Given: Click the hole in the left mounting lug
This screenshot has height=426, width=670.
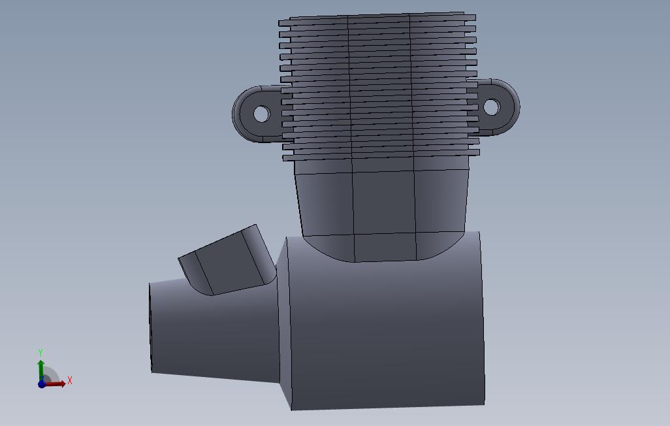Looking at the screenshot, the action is pyautogui.click(x=261, y=114).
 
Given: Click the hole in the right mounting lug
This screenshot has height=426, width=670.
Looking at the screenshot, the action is pyautogui.click(x=491, y=107).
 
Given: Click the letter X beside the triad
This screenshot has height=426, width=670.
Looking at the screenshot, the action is pyautogui.click(x=70, y=380).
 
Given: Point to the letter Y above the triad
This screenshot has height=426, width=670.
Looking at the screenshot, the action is pyautogui.click(x=40, y=352).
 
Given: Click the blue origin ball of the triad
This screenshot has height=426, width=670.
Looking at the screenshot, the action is pyautogui.click(x=41, y=384).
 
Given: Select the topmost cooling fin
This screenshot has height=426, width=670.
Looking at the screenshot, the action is pyautogui.click(x=377, y=18).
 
